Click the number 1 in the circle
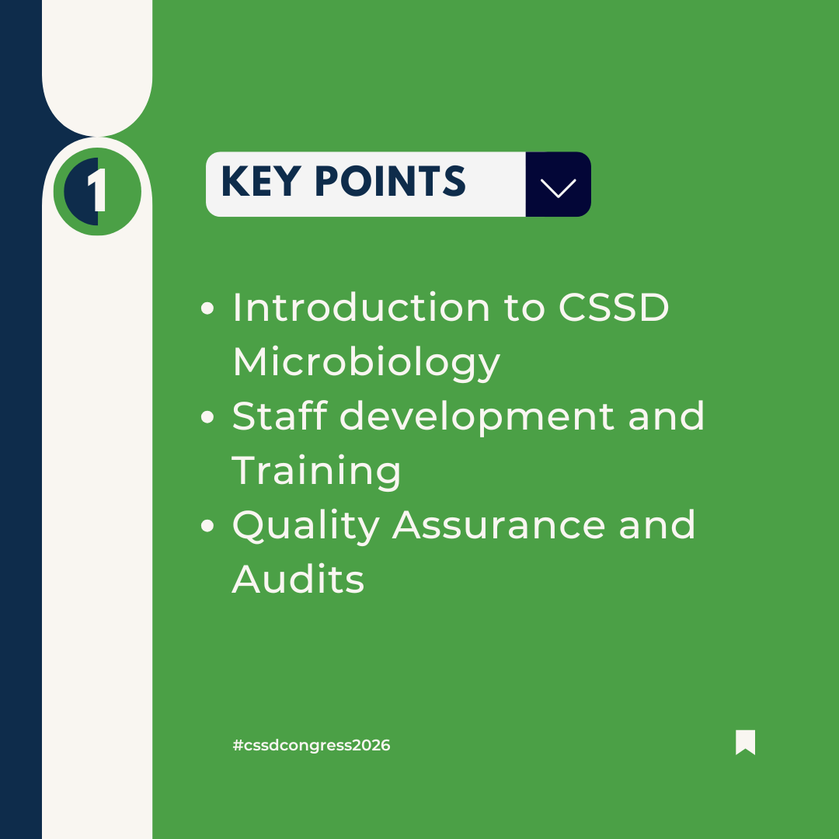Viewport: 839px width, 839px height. point(97,191)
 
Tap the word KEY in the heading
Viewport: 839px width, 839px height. point(260,181)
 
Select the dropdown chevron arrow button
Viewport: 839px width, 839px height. point(558,185)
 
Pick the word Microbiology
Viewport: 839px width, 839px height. point(367,363)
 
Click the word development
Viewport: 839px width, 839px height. point(477,417)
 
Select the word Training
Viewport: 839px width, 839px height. point(316,472)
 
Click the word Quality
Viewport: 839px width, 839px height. point(306,526)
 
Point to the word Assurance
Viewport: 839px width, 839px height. point(499,525)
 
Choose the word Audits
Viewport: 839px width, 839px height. point(298,579)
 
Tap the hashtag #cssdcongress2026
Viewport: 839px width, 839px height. point(312,745)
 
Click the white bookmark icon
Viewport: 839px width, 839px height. point(745,742)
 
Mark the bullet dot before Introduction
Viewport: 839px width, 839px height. point(207,308)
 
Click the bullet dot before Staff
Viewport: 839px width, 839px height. point(207,417)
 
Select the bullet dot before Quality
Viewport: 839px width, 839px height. point(207,525)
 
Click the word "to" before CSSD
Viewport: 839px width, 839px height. point(524,308)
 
